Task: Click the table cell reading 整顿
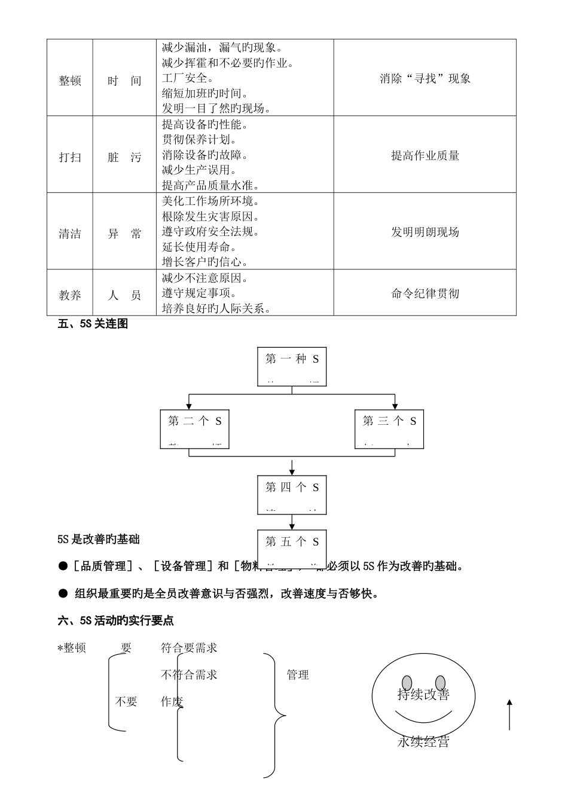[70, 81]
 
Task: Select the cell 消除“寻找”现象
[425, 78]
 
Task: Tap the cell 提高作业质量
[425, 156]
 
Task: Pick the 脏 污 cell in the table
[124, 158]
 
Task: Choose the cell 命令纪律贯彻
[425, 293]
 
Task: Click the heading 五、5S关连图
[93, 324]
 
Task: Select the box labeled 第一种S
[292, 366]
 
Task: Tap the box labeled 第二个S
[195, 428]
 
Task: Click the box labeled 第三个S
[389, 428]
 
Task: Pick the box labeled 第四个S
[292, 494]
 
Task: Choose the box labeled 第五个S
[292, 542]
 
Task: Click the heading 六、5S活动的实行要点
[116, 621]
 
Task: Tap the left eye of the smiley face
[407, 682]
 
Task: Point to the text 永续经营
[423, 742]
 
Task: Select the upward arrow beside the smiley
[509, 715]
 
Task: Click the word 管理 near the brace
[298, 675]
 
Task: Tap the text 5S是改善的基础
[99, 540]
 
